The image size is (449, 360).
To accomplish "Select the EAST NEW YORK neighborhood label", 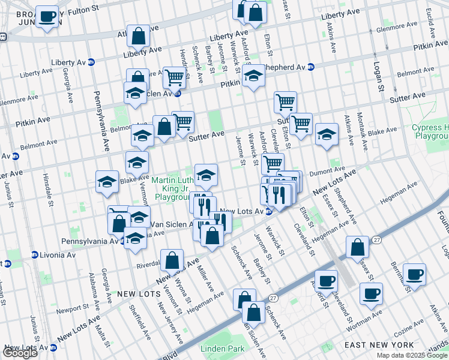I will [379, 345].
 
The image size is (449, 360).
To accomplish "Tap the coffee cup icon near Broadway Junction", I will [47, 17].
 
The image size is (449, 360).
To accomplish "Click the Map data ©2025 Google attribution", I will [411, 355].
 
